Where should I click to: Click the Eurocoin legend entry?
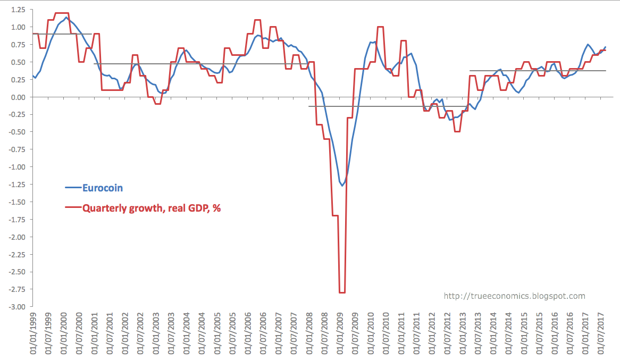[103, 188]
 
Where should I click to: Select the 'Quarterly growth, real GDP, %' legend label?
[151, 208]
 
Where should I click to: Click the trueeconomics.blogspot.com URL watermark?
[514, 296]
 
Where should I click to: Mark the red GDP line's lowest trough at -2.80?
[342, 292]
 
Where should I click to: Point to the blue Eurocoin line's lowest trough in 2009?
[343, 185]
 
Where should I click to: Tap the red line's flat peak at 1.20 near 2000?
[62, 13]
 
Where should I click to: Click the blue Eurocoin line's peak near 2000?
[66, 18]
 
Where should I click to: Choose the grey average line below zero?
[383, 106]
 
